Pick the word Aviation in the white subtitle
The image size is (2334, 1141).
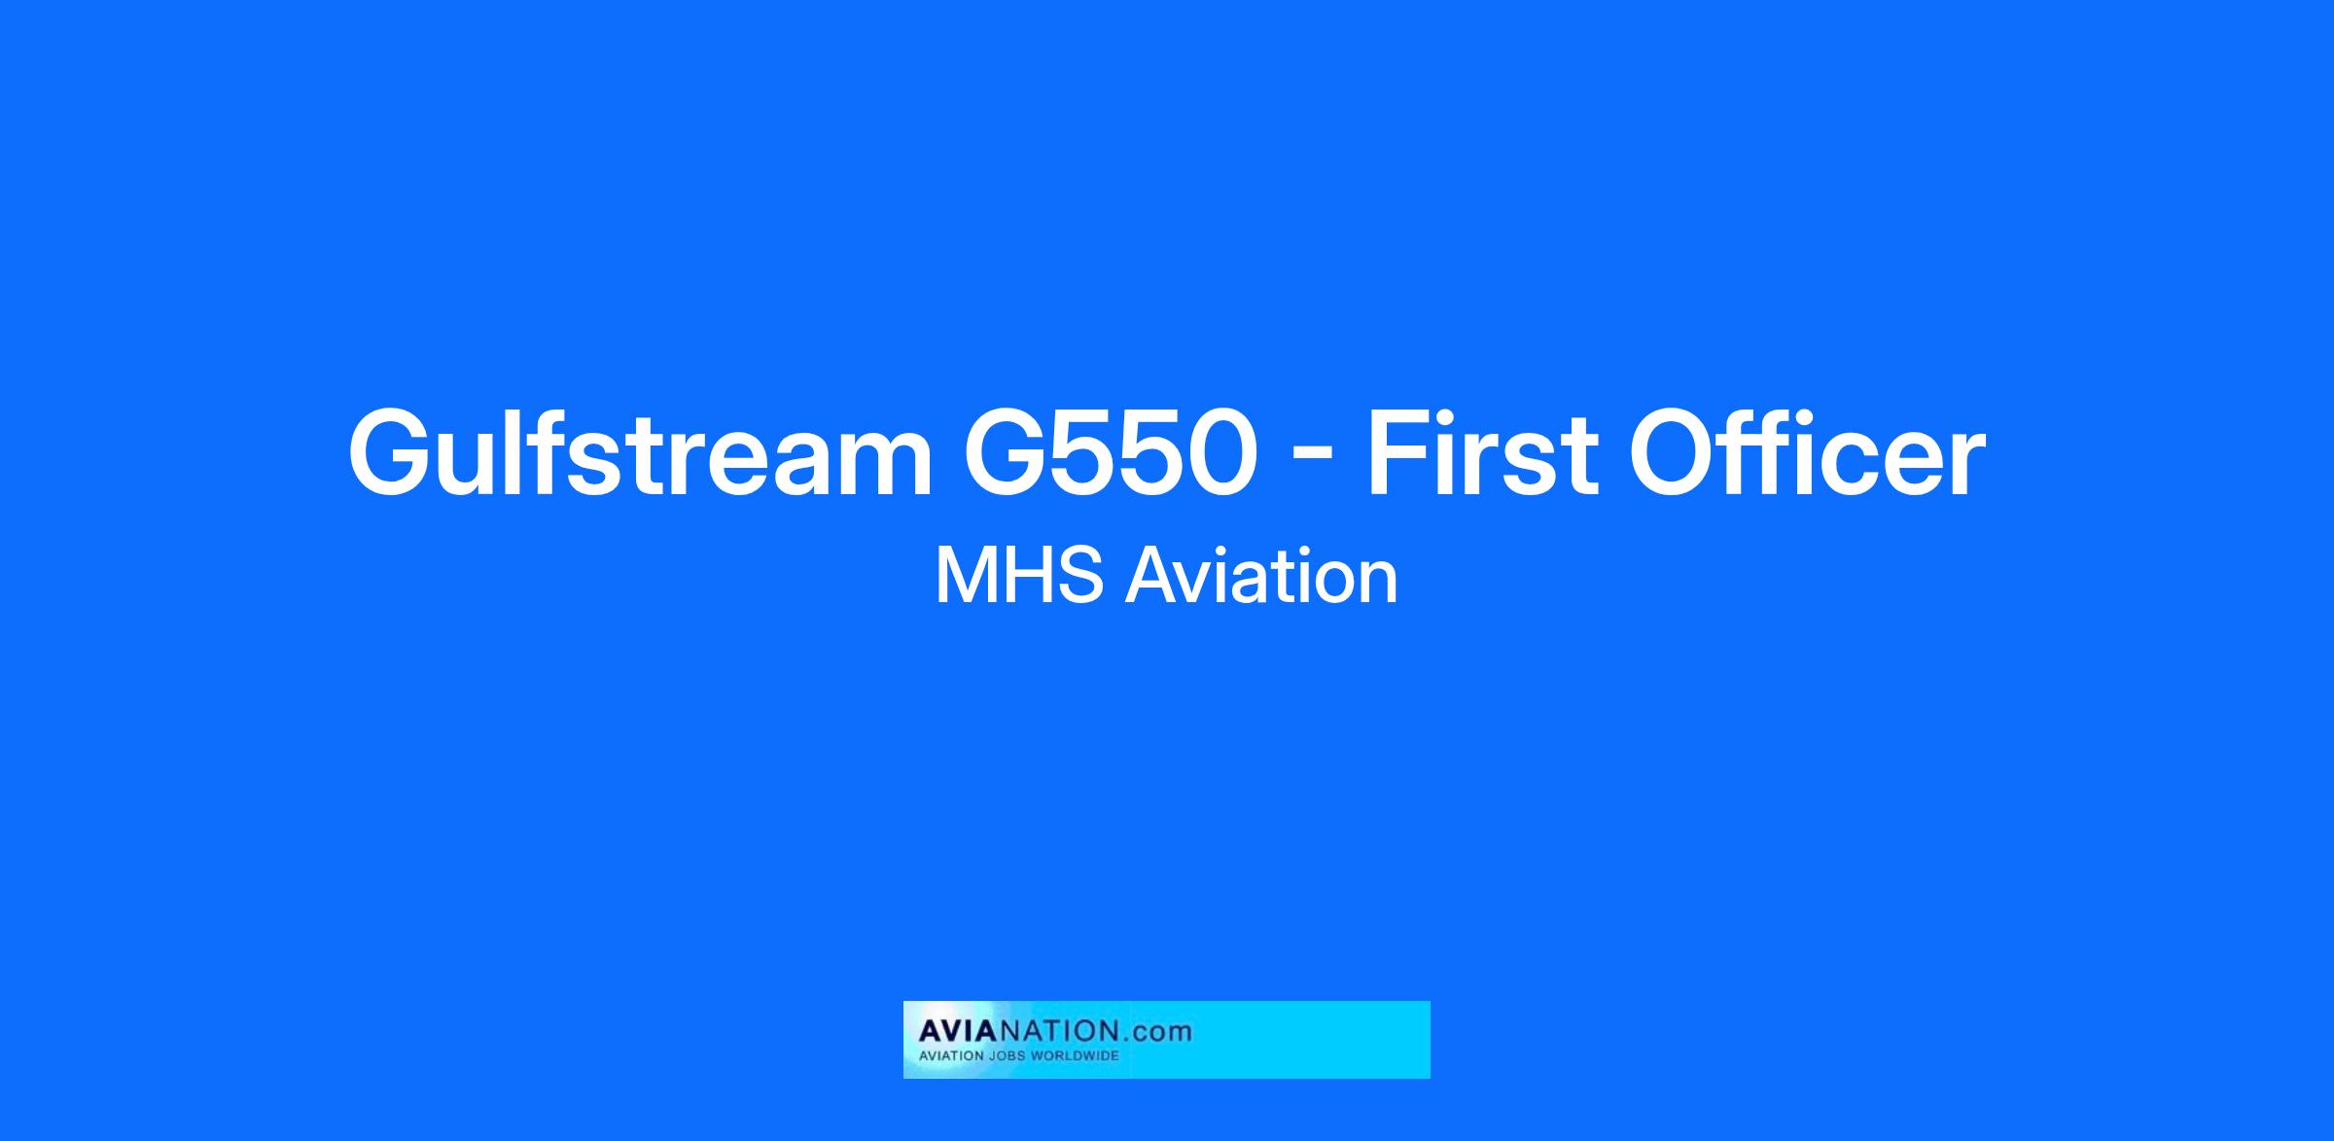click(x=1262, y=577)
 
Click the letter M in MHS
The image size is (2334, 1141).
click(x=965, y=577)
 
